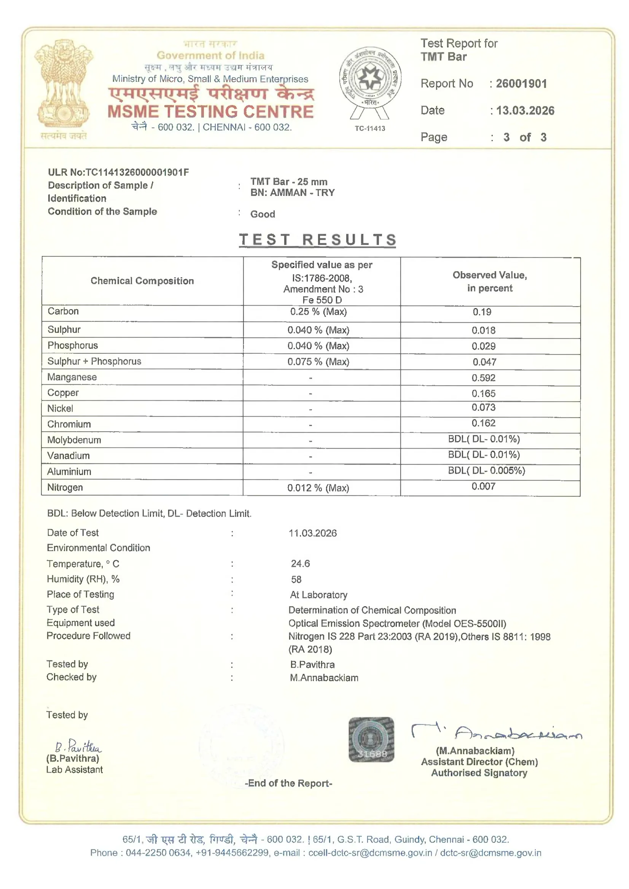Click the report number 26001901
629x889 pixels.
point(521,84)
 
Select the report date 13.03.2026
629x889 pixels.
point(525,111)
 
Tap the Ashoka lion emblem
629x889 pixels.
point(64,83)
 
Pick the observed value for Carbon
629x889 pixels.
point(482,312)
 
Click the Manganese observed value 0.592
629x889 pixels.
point(483,378)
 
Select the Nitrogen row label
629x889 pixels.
point(65,487)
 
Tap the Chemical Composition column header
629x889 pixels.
point(142,281)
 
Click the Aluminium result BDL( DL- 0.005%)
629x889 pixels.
point(486,471)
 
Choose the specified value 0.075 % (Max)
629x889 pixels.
point(318,362)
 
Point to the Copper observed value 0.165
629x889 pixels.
point(483,394)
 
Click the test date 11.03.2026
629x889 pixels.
point(312,533)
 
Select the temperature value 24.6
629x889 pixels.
point(300,564)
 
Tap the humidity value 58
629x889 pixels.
point(296,579)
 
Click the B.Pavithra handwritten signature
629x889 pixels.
point(78,746)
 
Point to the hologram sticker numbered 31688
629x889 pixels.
point(371,740)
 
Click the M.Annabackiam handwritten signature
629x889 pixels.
point(496,732)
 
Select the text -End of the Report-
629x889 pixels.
point(288,783)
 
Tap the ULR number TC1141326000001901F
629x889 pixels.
point(137,173)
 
